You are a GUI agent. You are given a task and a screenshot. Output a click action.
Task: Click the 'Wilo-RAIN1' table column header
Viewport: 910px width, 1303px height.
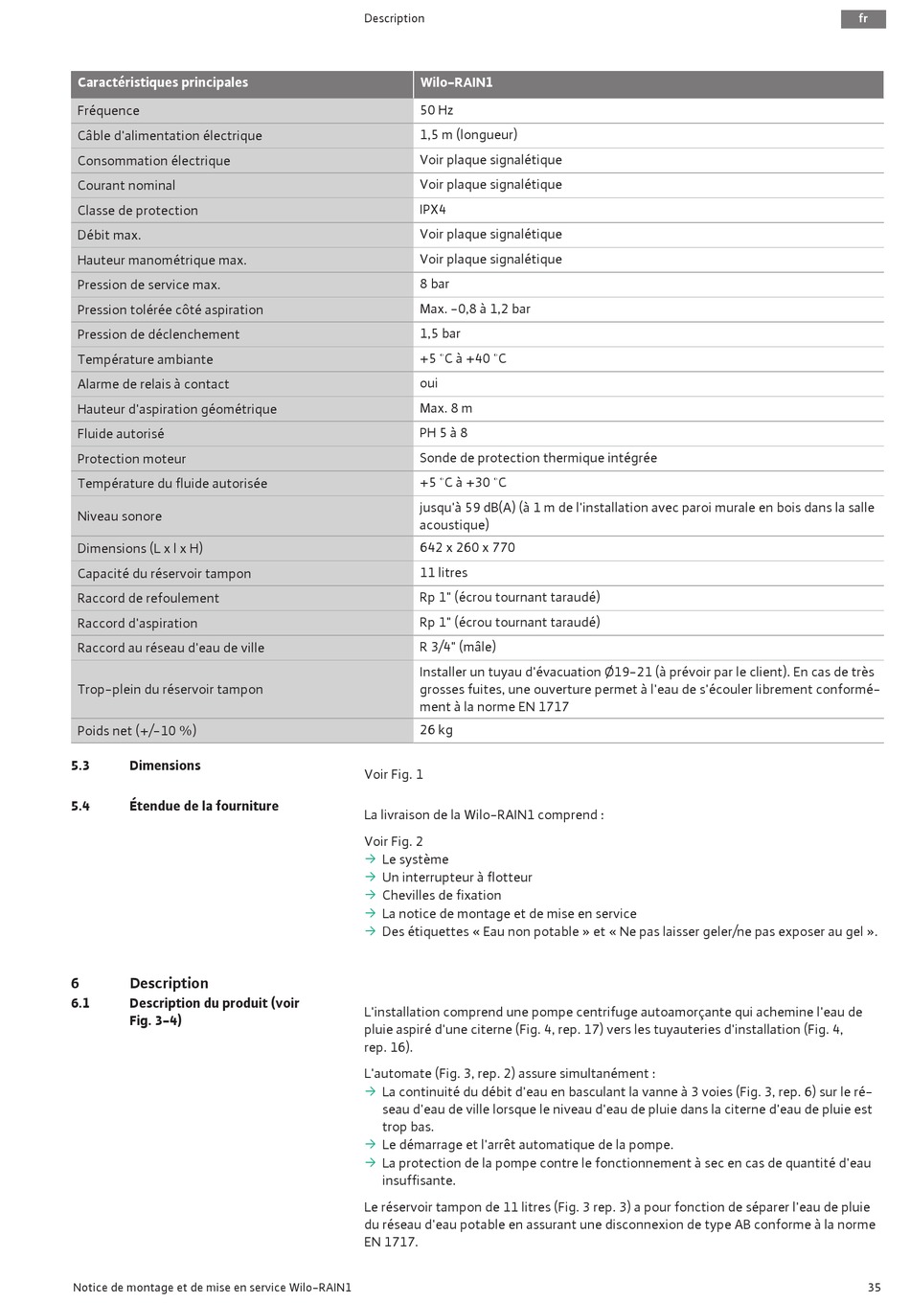(x=456, y=83)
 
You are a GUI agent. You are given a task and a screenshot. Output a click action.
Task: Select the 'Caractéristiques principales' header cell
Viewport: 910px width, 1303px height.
(x=163, y=83)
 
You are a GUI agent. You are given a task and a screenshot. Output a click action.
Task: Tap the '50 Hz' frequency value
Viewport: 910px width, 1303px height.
(x=436, y=110)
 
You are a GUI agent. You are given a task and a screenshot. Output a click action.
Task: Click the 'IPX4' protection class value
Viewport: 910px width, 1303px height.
(x=432, y=210)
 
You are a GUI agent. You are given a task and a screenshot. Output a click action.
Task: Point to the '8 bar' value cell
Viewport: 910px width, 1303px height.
(x=434, y=285)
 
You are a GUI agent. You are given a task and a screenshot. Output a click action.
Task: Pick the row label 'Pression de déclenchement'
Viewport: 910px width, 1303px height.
(x=158, y=334)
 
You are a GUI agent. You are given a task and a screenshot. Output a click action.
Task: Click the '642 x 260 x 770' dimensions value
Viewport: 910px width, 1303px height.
(x=466, y=548)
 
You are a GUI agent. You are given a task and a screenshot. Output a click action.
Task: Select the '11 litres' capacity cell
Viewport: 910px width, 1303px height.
(x=444, y=573)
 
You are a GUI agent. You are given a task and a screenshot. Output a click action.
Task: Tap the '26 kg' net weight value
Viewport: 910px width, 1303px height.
(x=436, y=730)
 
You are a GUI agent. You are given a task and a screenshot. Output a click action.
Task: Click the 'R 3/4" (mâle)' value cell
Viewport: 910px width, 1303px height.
(x=457, y=648)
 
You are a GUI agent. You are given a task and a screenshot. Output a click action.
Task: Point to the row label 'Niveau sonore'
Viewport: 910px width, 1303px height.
(x=120, y=516)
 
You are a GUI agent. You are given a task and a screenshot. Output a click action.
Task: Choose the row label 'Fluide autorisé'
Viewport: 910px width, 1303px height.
(x=121, y=434)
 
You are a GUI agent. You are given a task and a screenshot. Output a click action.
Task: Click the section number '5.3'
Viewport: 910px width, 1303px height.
(x=80, y=766)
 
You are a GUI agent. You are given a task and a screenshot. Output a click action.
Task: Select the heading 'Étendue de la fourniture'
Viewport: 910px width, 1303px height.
(x=204, y=807)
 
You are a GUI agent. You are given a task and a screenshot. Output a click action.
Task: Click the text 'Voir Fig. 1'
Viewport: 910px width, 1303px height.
(x=393, y=775)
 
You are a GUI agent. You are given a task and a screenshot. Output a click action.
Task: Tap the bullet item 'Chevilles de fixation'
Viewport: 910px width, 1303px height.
(x=442, y=896)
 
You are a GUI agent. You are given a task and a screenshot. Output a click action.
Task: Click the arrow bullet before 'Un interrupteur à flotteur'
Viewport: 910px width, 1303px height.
(x=371, y=878)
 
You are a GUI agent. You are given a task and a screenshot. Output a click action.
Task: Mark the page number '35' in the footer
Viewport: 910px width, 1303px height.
(x=874, y=1288)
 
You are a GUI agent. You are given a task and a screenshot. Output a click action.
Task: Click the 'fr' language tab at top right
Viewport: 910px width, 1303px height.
(x=863, y=19)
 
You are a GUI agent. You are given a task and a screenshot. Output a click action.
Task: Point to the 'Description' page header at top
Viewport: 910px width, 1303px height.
(x=394, y=19)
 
